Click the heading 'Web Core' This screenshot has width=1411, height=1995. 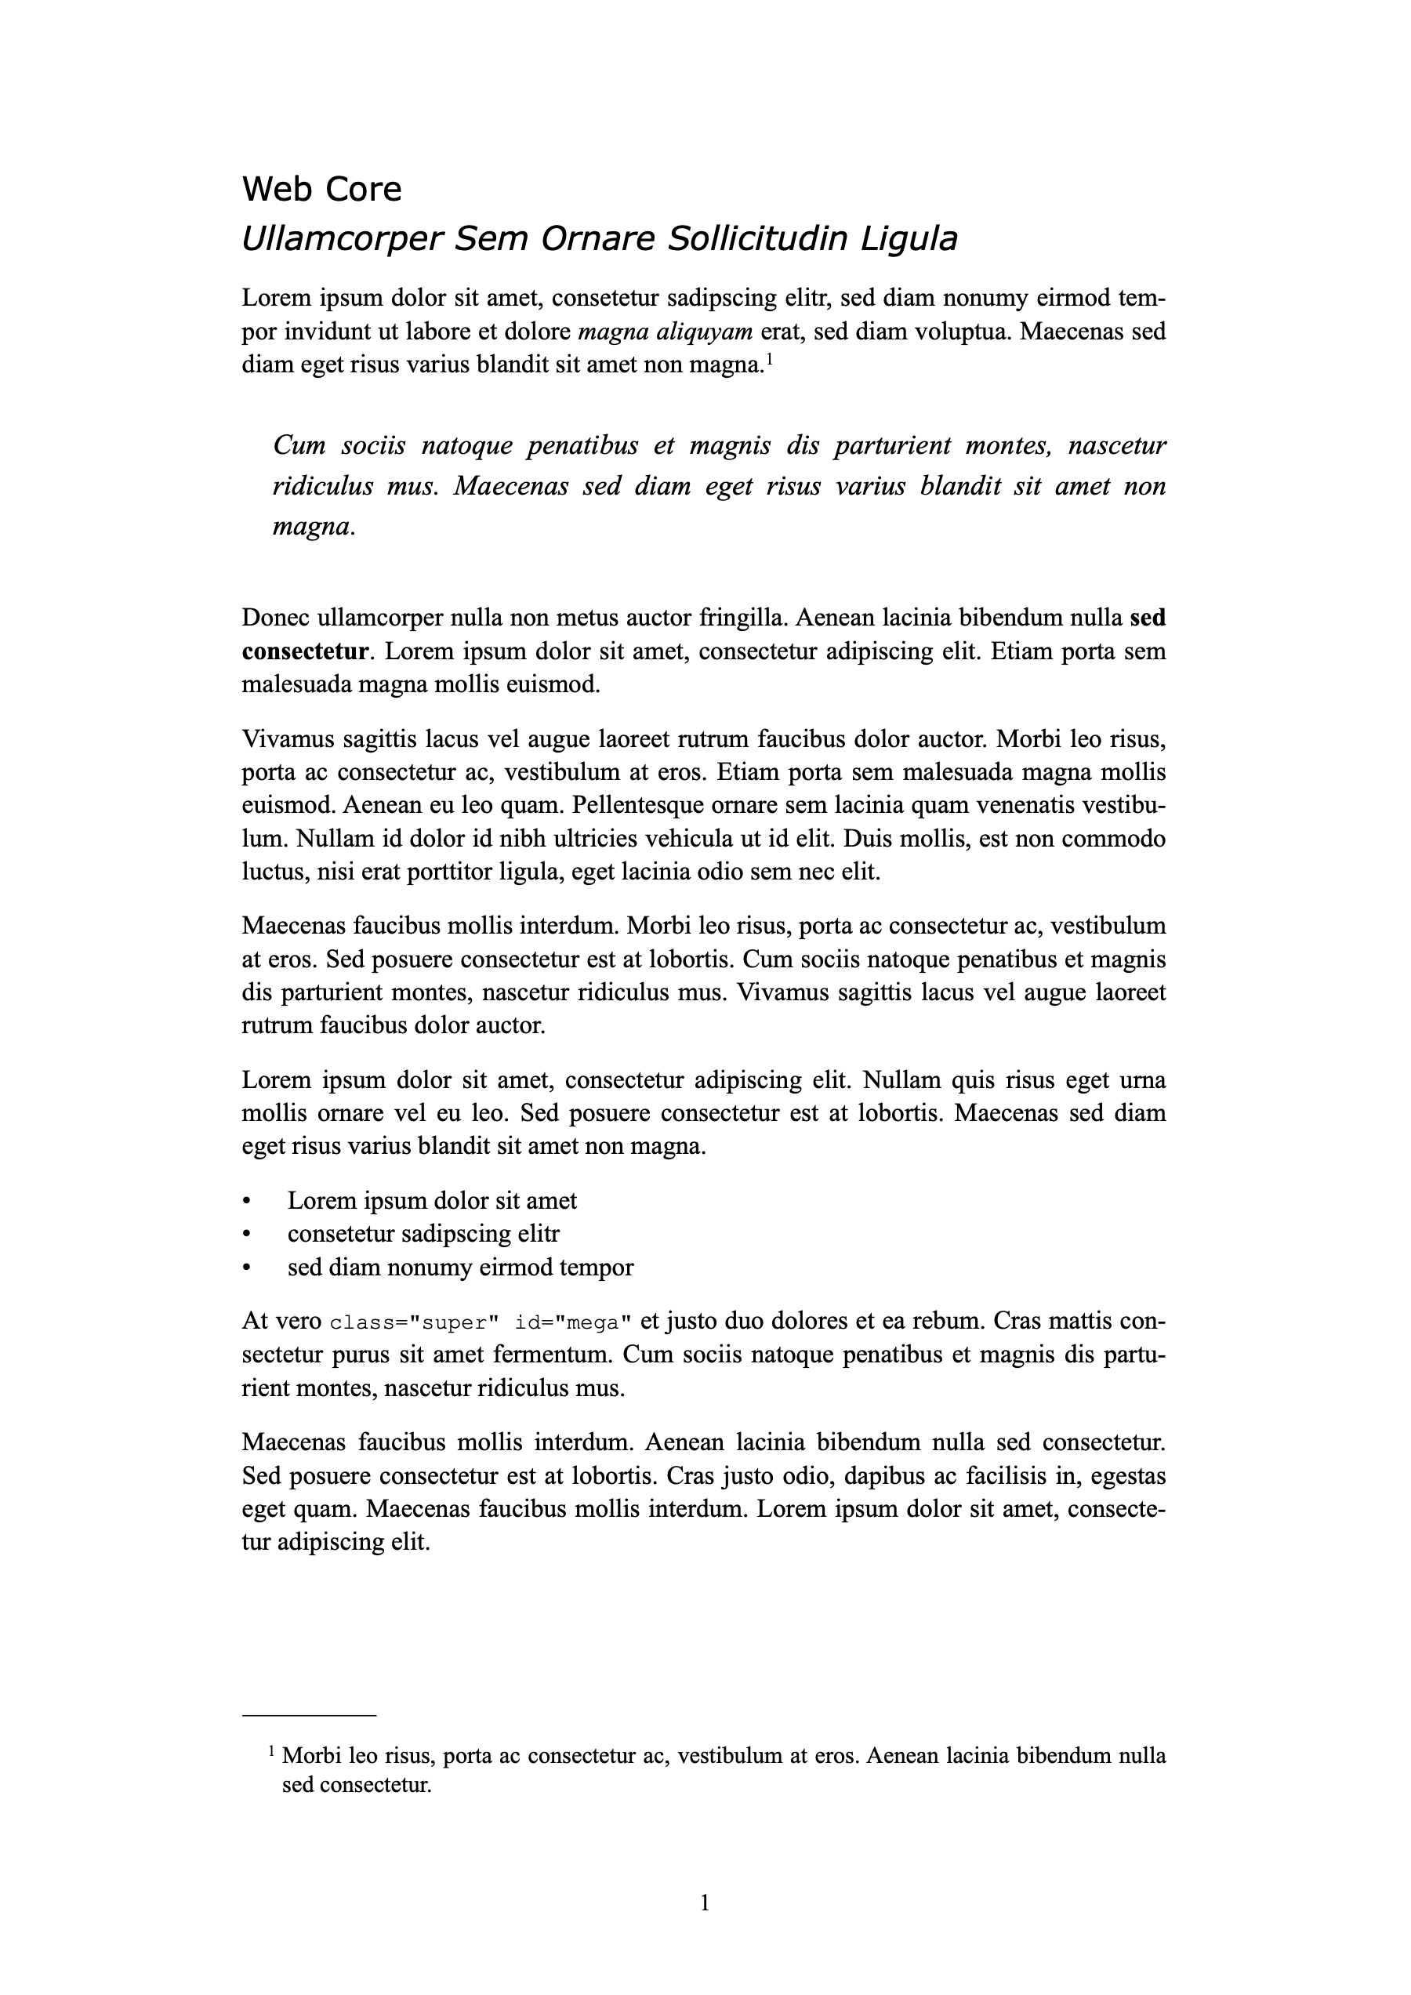tap(321, 190)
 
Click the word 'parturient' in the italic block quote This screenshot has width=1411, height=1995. tap(890, 446)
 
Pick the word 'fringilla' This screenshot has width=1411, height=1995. tap(742, 618)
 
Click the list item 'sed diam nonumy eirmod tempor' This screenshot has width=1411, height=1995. tap(460, 1268)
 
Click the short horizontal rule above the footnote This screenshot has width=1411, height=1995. tap(310, 1716)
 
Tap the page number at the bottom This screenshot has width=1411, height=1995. tap(705, 1905)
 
